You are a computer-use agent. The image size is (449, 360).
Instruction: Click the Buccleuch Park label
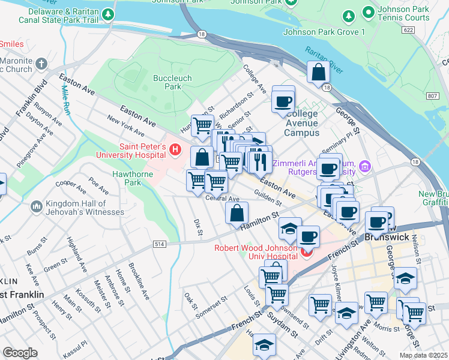coord(167,82)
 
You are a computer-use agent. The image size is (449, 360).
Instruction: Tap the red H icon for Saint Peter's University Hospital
coord(175,149)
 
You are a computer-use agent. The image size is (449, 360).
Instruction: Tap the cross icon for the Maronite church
coord(41,64)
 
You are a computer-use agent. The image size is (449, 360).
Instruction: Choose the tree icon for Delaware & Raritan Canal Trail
coord(108,13)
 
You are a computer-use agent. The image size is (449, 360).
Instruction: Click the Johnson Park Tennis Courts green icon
coord(367,13)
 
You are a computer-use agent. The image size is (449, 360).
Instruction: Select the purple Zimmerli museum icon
coord(364,165)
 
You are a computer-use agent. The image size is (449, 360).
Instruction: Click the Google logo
coord(20,353)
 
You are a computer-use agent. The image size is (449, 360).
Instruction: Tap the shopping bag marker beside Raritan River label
coord(318,72)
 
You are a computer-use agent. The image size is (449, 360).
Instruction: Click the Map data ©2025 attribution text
coord(424,355)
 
